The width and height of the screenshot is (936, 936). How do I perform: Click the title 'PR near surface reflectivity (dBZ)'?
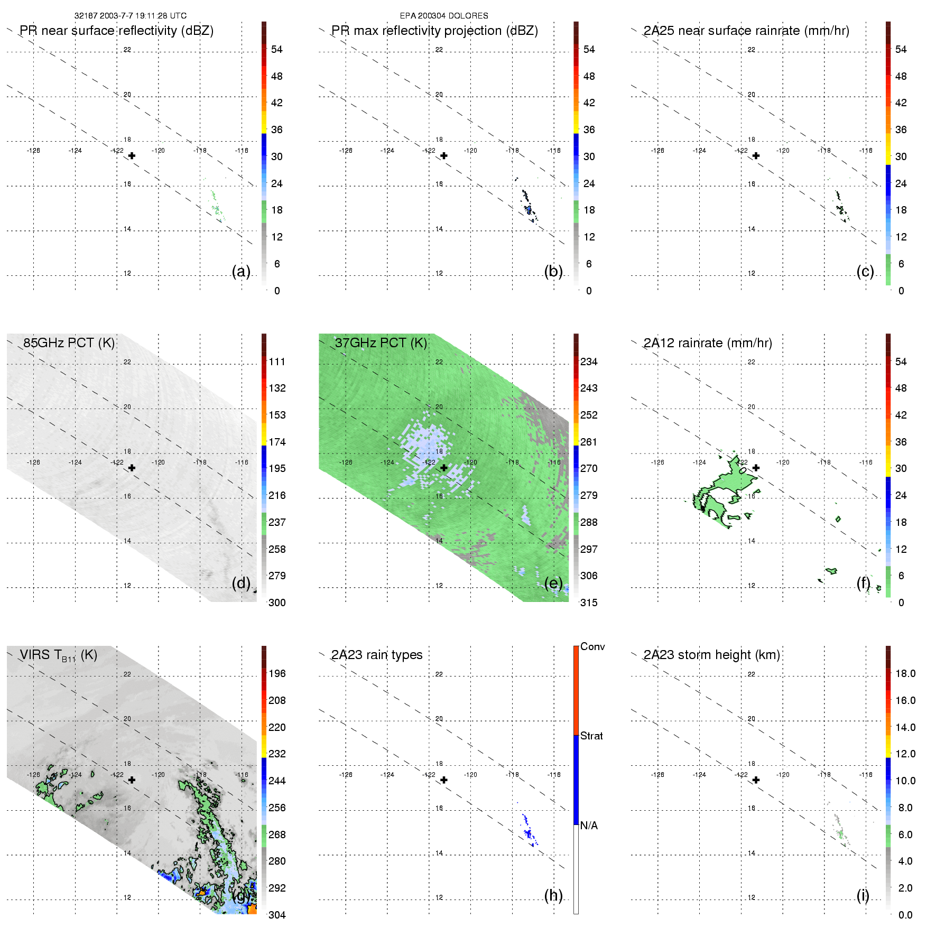tap(116, 31)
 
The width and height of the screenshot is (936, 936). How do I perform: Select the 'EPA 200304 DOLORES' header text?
tap(444, 16)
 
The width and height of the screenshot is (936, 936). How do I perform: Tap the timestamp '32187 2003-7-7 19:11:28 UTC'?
tap(131, 16)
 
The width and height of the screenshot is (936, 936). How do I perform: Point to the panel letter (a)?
tap(241, 272)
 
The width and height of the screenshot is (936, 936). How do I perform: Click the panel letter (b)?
tap(553, 272)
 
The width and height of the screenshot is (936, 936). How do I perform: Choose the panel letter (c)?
tap(865, 272)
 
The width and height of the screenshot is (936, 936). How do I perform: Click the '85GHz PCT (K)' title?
tap(69, 343)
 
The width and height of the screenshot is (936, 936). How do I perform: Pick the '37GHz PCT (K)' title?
tap(381, 343)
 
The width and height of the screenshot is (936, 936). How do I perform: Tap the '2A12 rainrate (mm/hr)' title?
tap(708, 343)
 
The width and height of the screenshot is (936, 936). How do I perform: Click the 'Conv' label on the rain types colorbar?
tap(592, 647)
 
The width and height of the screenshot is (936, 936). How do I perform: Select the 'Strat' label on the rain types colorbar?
tap(591, 736)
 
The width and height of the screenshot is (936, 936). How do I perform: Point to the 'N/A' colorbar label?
tap(589, 826)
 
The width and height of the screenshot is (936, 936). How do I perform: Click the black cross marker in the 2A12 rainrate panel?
tap(756, 468)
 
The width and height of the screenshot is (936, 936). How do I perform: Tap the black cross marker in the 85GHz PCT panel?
tap(132, 468)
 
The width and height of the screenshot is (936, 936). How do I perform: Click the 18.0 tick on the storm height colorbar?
tap(905, 674)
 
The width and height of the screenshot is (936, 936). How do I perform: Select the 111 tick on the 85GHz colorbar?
tap(277, 362)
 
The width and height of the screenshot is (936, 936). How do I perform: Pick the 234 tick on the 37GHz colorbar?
tap(589, 362)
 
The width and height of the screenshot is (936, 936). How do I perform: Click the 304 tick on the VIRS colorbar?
tap(277, 915)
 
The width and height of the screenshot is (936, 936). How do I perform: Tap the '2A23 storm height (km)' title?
tap(712, 655)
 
